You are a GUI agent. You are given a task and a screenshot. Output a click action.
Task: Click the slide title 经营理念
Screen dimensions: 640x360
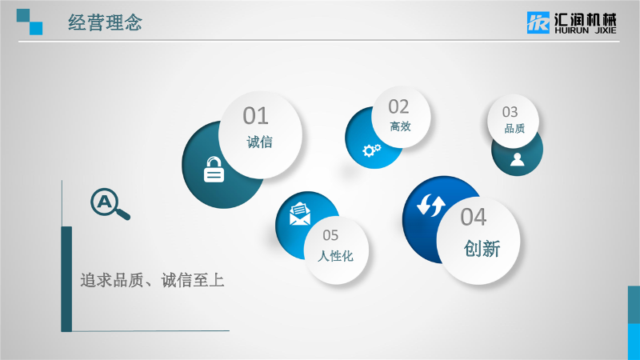pos(106,22)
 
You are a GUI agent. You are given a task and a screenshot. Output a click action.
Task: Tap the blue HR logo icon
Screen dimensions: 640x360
pos(538,22)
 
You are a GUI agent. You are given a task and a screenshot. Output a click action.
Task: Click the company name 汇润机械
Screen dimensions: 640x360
pos(586,19)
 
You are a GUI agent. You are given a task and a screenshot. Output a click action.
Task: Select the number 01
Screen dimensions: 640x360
pos(256,116)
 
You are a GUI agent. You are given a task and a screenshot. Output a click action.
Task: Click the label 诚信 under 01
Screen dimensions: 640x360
pos(259,142)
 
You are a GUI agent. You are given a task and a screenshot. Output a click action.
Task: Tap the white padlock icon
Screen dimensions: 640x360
pos(214,170)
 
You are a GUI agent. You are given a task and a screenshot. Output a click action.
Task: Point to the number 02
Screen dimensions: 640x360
pos(398,107)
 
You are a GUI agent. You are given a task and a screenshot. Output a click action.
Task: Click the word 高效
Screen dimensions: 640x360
pos(401,126)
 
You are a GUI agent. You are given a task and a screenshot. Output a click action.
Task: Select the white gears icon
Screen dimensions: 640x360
pos(371,150)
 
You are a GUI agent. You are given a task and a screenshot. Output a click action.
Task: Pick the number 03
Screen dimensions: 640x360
pos(510,112)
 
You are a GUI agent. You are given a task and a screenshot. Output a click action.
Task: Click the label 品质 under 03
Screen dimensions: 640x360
pos(514,129)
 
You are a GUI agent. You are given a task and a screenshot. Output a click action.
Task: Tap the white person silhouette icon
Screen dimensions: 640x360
pos(517,159)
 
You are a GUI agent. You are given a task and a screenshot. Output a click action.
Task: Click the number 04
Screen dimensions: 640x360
pos(474,217)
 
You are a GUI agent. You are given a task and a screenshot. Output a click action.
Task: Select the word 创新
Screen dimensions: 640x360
pos(482,249)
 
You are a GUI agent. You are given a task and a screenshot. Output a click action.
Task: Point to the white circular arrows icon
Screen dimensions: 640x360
pos(431,205)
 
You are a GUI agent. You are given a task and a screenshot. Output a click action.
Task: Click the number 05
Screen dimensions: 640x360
pos(330,235)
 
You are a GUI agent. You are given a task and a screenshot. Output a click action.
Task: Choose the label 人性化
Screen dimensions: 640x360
pos(335,256)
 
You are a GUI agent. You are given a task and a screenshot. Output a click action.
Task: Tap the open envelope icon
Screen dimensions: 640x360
pos(299,214)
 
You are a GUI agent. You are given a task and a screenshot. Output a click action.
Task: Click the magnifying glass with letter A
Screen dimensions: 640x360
pos(110,204)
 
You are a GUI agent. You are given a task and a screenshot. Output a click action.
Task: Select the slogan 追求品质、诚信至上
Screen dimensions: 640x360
pos(152,281)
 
